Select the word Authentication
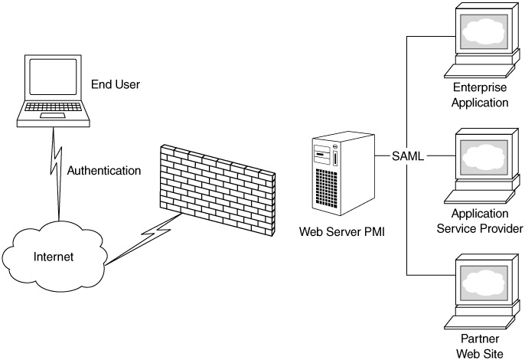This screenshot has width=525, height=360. click(104, 170)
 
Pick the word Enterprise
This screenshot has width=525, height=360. click(481, 88)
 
